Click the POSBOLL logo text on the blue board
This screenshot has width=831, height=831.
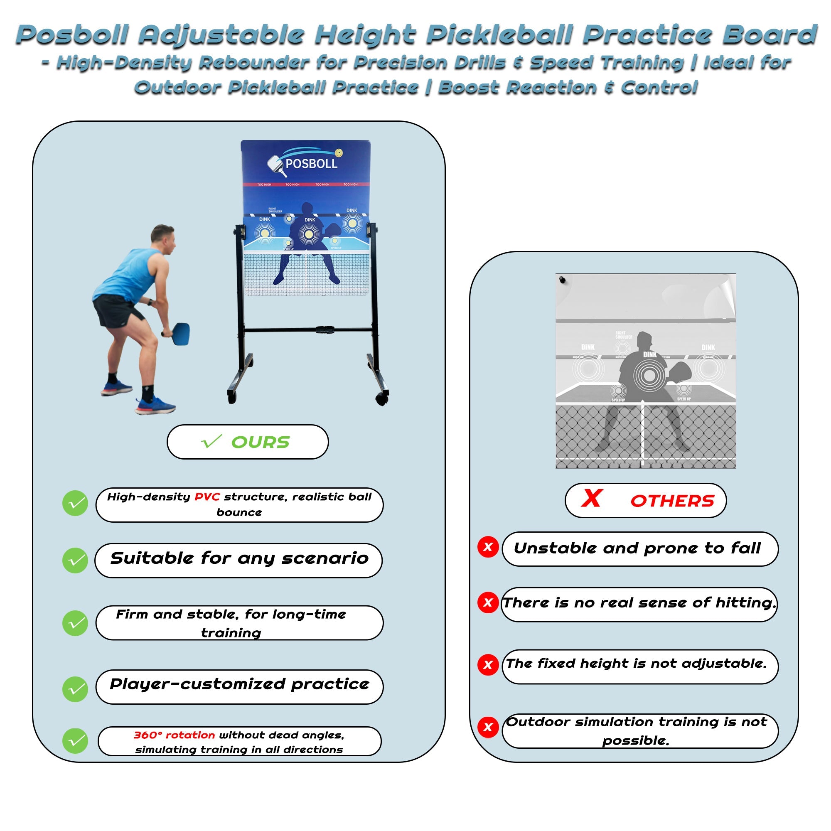pos(311,163)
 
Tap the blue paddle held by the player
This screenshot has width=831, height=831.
pos(180,333)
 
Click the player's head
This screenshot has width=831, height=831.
pos(162,239)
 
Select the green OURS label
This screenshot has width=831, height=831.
pos(260,442)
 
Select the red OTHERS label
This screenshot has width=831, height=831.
pos(672,501)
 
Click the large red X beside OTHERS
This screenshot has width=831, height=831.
pos(591,499)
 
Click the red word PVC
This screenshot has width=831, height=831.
pos(207,497)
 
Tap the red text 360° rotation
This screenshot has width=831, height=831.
pos(174,735)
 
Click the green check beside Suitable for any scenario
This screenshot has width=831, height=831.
pos(75,561)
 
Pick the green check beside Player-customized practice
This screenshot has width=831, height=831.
pos(75,689)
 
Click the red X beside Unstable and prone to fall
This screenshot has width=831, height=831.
pos(488,547)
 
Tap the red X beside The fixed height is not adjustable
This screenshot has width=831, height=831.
pos(488,664)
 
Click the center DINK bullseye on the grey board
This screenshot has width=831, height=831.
pos(649,375)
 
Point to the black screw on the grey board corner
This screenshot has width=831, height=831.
pos(562,280)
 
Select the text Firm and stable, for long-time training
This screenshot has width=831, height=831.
pos(231,623)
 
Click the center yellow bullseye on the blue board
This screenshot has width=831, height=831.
pos(308,234)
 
